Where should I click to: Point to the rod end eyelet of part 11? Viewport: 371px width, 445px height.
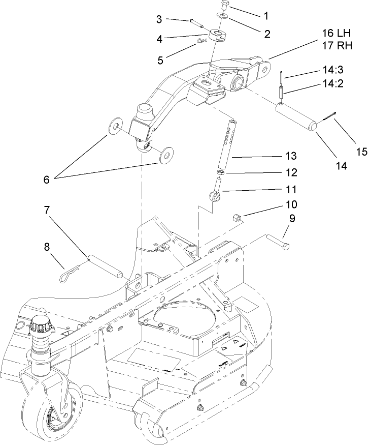[214, 196]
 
